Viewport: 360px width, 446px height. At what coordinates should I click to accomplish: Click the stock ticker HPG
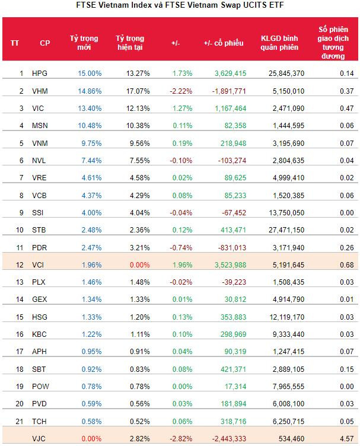click(40, 73)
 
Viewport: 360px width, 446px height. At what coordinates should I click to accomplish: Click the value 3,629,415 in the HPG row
click(226, 73)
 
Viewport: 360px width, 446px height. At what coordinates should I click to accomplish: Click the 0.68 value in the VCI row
click(347, 265)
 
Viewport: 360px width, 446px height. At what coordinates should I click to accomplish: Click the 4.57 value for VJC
click(347, 439)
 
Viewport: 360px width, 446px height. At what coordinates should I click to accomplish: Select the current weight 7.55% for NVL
click(138, 161)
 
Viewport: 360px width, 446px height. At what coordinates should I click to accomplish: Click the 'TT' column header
click(15, 43)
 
